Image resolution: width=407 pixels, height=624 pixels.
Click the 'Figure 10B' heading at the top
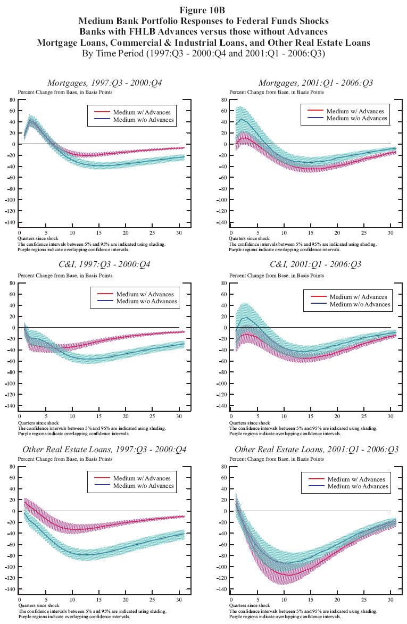(203, 11)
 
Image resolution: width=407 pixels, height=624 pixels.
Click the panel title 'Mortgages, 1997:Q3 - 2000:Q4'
(105, 83)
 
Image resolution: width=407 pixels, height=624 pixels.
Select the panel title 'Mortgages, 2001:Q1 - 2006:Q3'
(315, 83)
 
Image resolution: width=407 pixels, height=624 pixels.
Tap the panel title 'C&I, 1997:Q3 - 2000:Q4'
(104, 264)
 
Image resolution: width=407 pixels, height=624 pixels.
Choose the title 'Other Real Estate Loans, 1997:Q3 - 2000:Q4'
(104, 450)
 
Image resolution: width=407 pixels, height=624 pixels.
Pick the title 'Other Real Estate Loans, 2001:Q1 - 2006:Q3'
(317, 450)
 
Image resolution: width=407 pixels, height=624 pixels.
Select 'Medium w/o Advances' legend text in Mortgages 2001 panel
(356, 118)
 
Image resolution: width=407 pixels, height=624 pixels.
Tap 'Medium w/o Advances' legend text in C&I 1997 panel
(147, 301)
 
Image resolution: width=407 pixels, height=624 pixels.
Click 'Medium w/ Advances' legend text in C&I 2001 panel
(358, 297)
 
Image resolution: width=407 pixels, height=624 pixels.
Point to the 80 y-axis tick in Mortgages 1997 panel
(11, 99)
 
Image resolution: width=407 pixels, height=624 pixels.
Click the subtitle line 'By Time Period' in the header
(203, 53)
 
